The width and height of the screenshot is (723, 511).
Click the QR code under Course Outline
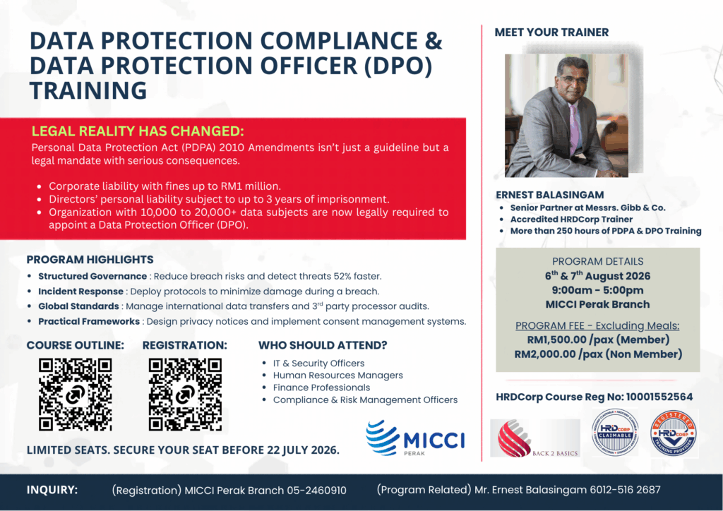coord(75,395)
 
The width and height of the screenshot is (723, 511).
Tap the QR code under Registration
coord(186,395)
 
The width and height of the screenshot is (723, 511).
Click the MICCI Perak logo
coord(415,438)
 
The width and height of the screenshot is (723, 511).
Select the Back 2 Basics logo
coord(535,438)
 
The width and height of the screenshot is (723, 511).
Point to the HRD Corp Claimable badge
coord(615,433)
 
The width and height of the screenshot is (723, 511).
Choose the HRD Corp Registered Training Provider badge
coord(674,433)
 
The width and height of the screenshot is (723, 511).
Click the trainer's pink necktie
coord(573,130)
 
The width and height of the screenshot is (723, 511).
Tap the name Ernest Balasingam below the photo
coord(549,195)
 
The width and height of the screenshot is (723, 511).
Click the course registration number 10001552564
coord(659,397)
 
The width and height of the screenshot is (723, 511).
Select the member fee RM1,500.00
coord(556,339)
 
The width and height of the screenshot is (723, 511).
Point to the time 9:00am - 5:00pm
coord(597,290)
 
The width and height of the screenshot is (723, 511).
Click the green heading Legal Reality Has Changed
coord(138,131)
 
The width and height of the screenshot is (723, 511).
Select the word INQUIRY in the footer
coord(52,490)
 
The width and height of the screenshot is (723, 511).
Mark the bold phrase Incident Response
coord(80,291)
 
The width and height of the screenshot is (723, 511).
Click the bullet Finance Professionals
coord(321,387)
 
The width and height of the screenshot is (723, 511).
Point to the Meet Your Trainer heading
coord(551,32)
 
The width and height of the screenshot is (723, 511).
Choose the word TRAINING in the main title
coord(88,90)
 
